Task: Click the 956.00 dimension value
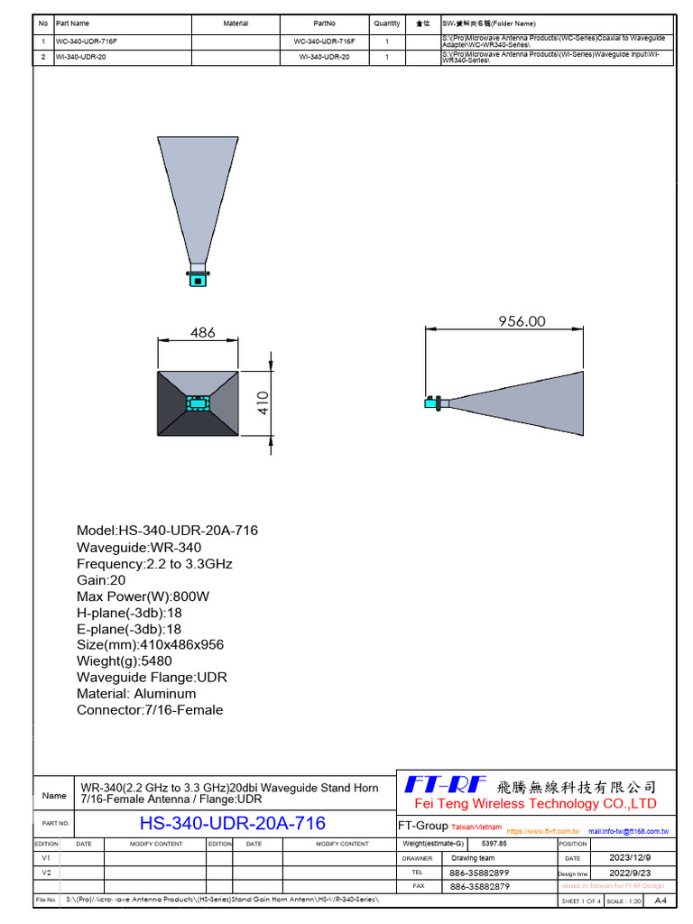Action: [522, 321]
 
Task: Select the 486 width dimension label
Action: [203, 332]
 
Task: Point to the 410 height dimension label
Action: [263, 403]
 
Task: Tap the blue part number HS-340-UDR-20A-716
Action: [233, 823]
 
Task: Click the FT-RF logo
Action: [446, 784]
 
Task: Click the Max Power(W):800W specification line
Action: [143, 596]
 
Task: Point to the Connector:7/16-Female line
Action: [150, 710]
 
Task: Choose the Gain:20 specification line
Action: [101, 580]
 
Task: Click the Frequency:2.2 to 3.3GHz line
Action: [154, 564]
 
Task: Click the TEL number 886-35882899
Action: [478, 873]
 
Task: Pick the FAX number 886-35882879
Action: [478, 886]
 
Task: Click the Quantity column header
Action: [386, 23]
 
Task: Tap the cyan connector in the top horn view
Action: [196, 280]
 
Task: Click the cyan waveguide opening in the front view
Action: [198, 403]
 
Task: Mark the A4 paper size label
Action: [660, 901]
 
